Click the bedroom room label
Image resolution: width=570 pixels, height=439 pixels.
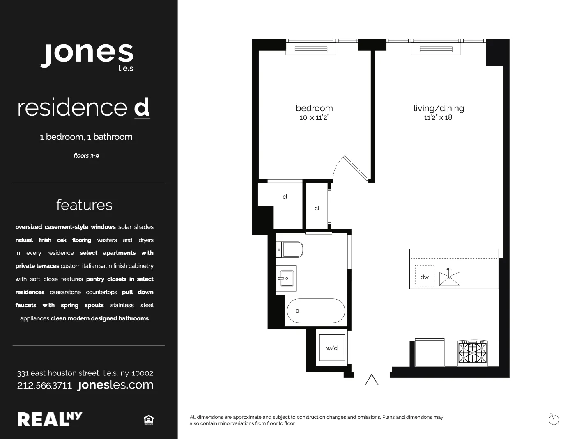(314, 108)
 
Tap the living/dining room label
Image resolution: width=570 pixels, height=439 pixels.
(439, 108)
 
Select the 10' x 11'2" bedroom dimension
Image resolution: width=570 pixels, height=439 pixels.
(314, 118)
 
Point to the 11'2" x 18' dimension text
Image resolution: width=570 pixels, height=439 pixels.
(439, 118)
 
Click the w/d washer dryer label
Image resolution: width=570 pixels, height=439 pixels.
(332, 348)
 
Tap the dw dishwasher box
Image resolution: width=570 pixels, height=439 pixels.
(424, 277)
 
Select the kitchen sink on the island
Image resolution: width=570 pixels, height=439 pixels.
(449, 278)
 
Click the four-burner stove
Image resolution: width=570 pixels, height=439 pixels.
(472, 353)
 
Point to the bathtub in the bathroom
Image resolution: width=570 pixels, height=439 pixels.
(315, 311)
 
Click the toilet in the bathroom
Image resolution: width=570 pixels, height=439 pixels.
(292, 249)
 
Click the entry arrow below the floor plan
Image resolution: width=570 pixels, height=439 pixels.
(372, 380)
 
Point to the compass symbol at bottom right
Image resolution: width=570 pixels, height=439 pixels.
(554, 419)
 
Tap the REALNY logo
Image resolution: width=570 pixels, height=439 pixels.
(50, 419)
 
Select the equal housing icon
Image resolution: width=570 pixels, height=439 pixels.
(148, 419)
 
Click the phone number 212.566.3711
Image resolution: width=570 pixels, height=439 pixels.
(44, 386)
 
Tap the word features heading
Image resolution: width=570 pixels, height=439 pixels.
(84, 205)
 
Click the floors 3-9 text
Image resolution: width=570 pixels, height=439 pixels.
(86, 155)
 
